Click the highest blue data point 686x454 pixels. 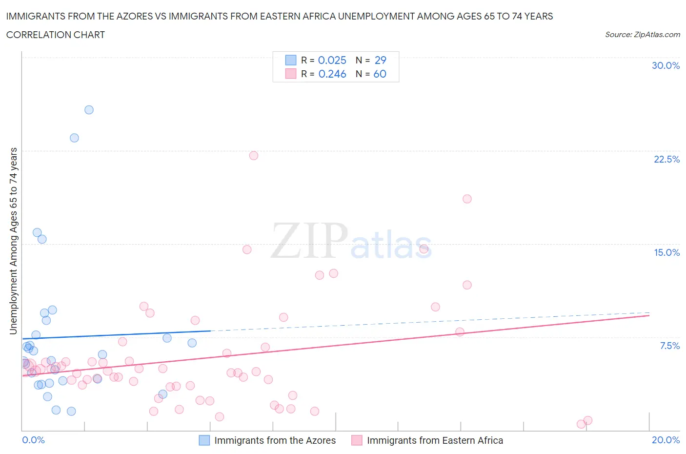(89, 110)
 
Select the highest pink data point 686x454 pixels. (254, 156)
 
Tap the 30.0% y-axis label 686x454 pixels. (666, 65)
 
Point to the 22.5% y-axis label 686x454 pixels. (666, 159)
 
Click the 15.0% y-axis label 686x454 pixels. (666, 252)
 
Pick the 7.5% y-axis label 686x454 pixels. (669, 346)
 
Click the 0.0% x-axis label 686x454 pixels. (33, 440)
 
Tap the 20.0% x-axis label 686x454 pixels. (666, 440)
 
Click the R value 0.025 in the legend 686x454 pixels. (332, 60)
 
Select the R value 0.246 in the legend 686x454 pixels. (332, 74)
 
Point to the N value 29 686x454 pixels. (380, 60)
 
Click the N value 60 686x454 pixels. (380, 74)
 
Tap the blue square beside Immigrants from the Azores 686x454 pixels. (204, 440)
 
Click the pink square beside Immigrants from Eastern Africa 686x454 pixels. (357, 440)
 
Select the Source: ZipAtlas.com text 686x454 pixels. (642, 35)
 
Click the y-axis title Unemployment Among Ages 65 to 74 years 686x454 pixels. (13, 241)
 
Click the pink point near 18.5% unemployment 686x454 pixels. (467, 199)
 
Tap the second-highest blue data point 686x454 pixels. (74, 138)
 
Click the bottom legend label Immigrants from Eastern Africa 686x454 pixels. (435, 440)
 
